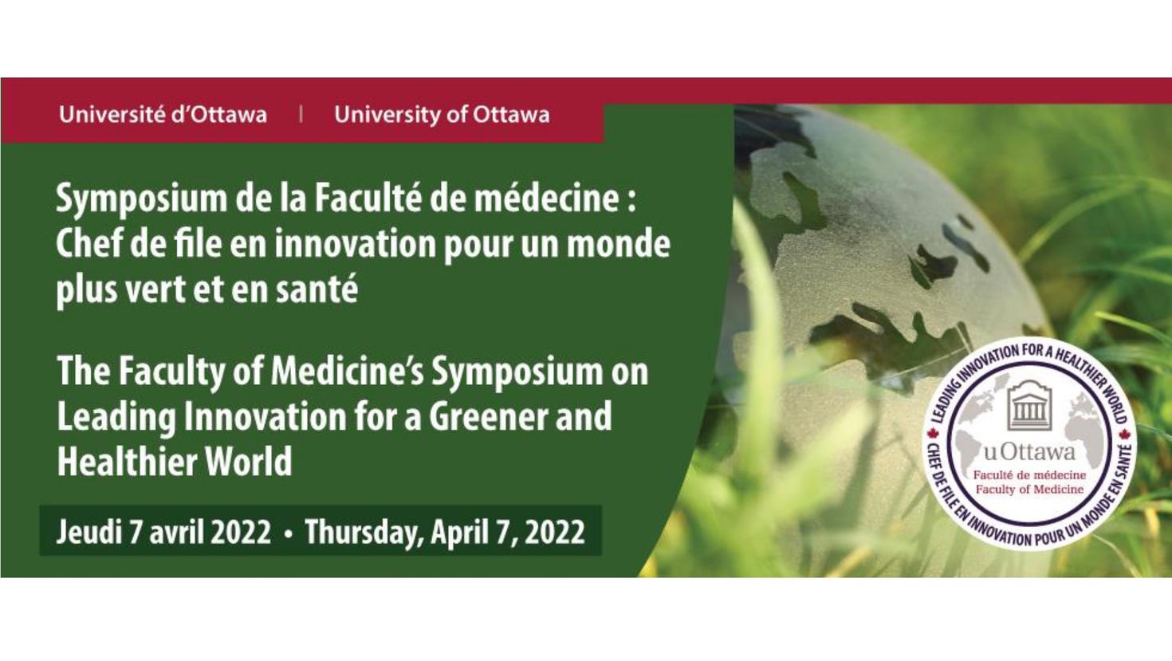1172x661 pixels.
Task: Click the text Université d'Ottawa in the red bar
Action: click(163, 115)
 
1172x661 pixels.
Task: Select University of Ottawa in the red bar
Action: click(442, 115)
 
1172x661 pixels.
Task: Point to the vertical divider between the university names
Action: click(301, 115)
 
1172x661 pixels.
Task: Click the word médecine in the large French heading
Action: click(545, 199)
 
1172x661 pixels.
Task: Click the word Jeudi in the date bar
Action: click(86, 532)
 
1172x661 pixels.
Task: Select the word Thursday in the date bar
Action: click(364, 532)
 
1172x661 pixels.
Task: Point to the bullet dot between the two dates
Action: click(288, 533)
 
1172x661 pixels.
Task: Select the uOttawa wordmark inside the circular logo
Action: click(1028, 453)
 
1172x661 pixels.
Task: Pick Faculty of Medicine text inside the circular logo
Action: click(1029, 489)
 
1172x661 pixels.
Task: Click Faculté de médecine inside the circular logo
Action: click(1029, 475)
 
